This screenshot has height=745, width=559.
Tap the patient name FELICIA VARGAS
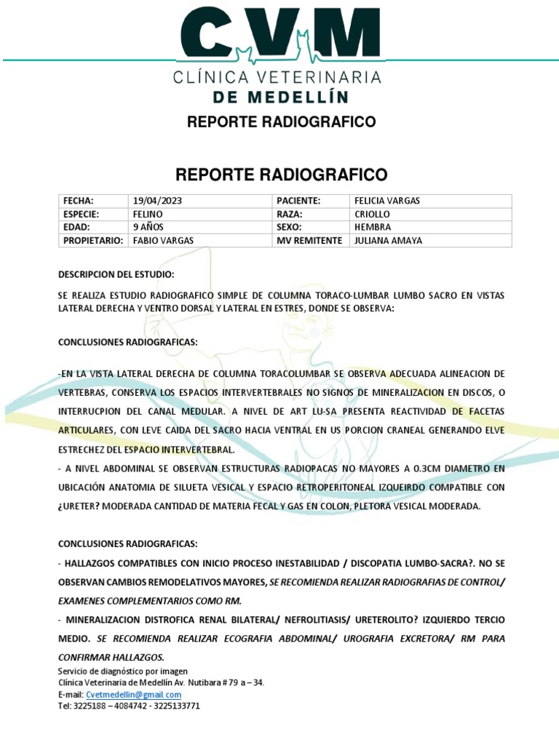(386, 201)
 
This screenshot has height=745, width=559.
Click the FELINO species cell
(148, 214)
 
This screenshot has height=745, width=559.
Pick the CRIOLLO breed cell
(372, 214)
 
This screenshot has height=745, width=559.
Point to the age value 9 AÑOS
(148, 227)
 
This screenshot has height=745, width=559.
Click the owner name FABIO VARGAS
(163, 241)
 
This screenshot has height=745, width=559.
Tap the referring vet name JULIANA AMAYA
(387, 241)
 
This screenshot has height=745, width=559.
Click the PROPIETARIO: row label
(92, 241)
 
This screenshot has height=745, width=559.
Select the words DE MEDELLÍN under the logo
(279, 97)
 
